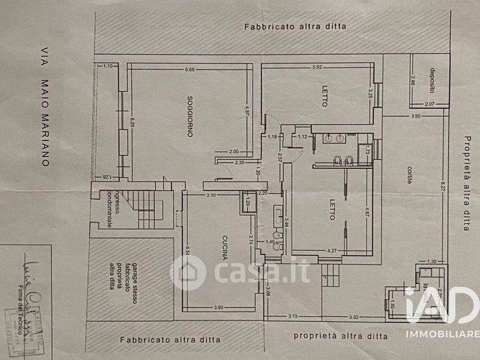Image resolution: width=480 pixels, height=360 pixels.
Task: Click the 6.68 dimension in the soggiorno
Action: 191,70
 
